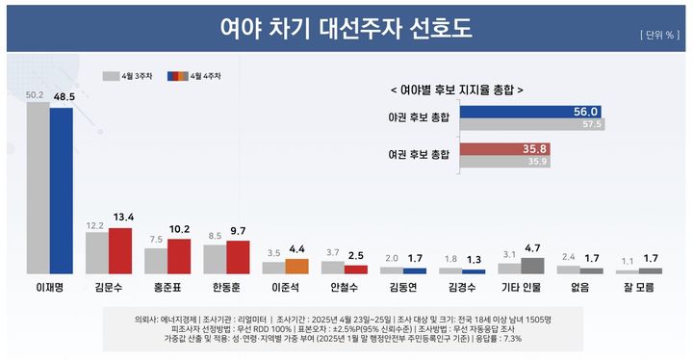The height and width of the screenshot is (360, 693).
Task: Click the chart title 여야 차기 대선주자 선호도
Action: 346,28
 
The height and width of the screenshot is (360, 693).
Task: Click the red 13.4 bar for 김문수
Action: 119,251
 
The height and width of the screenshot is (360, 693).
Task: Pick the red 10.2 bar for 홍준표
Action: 179,256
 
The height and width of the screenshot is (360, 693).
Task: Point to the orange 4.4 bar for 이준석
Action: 296,267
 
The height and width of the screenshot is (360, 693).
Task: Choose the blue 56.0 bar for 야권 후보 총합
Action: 530,112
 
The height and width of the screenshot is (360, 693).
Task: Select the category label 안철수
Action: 344,287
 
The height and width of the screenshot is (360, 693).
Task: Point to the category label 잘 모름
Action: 638,287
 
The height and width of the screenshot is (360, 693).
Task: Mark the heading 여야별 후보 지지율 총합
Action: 457,89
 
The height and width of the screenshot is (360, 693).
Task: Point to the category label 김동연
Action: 402,287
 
